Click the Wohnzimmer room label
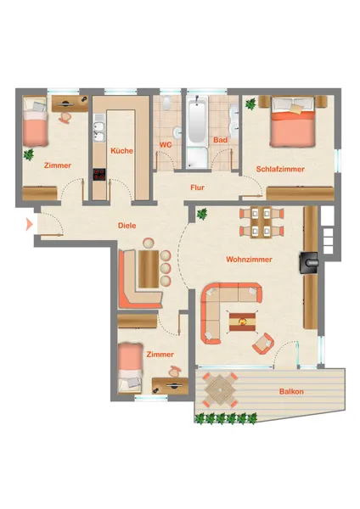[x=250, y=260]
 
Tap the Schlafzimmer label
[x=280, y=169]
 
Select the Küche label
[x=122, y=151]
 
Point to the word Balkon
[x=291, y=391]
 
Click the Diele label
[x=127, y=226]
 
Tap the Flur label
[x=197, y=187]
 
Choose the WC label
[x=166, y=145]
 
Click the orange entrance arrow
[x=29, y=224]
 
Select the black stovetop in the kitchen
[x=99, y=174]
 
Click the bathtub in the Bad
[x=198, y=119]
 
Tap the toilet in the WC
[x=167, y=103]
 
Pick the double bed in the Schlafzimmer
[x=293, y=121]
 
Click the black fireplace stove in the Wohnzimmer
[x=309, y=263]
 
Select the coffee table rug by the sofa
[x=242, y=322]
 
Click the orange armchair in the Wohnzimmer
[x=263, y=344]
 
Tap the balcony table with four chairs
[x=220, y=389]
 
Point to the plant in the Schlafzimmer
[x=250, y=104]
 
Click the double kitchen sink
[x=99, y=127]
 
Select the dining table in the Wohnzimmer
[x=262, y=222]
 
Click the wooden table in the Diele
[x=149, y=269]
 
